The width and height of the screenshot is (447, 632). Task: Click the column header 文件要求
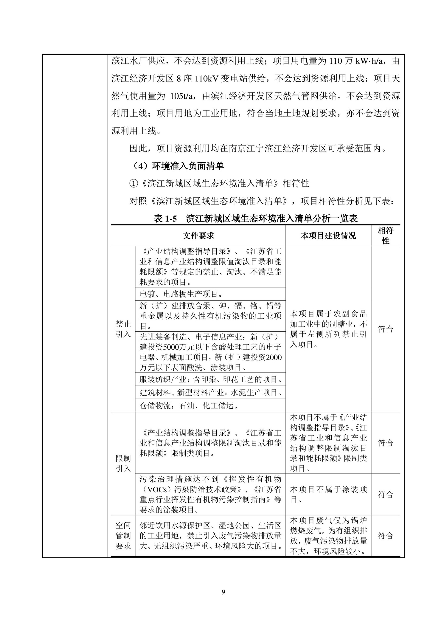(x=198, y=236)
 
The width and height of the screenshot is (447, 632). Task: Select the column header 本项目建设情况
(x=328, y=236)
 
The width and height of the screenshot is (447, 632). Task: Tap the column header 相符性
(x=386, y=236)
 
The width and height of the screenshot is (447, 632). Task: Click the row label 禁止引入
(x=123, y=329)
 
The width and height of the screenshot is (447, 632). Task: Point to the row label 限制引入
(x=123, y=463)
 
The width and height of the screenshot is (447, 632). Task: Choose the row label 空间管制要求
(x=123, y=536)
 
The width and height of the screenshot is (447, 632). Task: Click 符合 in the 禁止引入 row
(x=386, y=329)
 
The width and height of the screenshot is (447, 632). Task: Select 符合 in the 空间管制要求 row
(x=386, y=536)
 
